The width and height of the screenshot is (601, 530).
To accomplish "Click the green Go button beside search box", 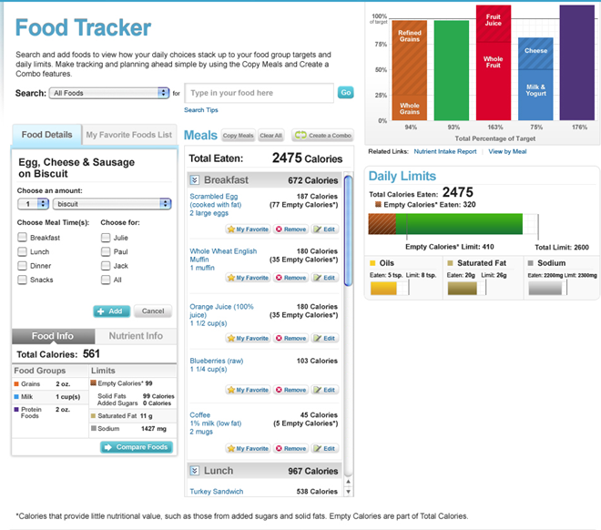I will [x=346, y=92].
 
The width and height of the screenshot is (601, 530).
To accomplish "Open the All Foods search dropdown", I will [x=110, y=93].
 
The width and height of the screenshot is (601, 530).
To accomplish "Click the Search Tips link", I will [x=201, y=110].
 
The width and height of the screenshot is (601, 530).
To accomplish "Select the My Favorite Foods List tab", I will [x=128, y=135].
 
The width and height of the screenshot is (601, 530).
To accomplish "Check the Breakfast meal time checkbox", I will [x=22, y=238].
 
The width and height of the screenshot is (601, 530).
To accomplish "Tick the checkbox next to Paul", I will [x=106, y=251].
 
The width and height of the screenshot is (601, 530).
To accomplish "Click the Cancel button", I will [x=152, y=311].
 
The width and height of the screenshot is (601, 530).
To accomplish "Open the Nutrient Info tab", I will [x=135, y=336].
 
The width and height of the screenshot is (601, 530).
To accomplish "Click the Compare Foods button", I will [x=136, y=447].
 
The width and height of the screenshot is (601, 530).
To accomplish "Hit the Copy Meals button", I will [x=238, y=136].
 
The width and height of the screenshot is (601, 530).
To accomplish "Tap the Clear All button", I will [x=270, y=136].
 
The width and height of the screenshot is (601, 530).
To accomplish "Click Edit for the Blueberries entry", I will [x=324, y=390].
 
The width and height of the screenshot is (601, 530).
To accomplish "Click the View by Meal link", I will [x=508, y=151].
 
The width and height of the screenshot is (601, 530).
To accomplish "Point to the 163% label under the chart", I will [x=494, y=127].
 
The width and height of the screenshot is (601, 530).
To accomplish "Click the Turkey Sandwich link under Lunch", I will [x=217, y=492].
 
